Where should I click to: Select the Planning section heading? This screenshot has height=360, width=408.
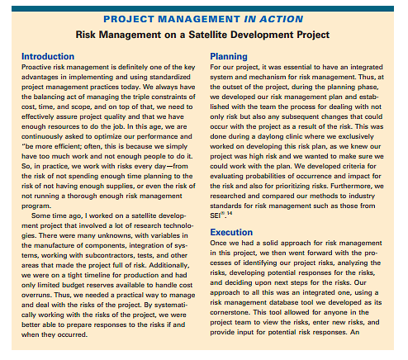pyautogui.click(x=231, y=56)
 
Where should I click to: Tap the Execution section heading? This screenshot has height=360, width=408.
pyautogui.click(x=235, y=233)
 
